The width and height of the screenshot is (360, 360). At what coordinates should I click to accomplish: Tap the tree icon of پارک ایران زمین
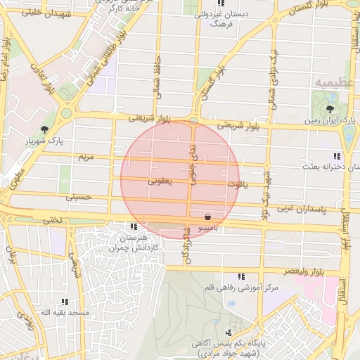330,108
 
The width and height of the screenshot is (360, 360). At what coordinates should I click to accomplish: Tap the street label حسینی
79,198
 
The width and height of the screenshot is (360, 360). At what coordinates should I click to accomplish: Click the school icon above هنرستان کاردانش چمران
134,226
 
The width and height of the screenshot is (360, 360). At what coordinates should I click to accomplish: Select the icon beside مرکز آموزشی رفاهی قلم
241,276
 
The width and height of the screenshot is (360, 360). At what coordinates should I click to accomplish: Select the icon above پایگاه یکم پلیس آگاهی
228,332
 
